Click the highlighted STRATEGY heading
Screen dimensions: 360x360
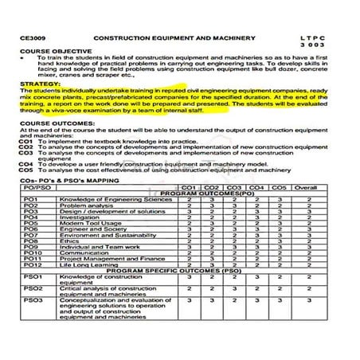[37, 83]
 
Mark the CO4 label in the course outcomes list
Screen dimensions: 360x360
[25, 162]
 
